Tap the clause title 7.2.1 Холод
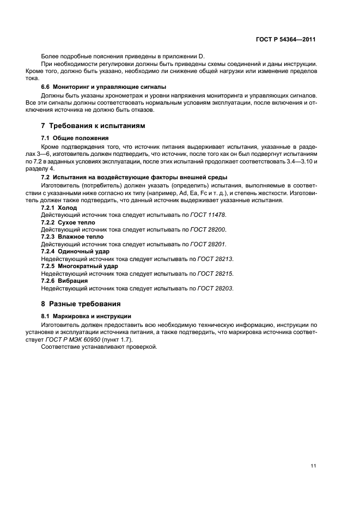click(x=59, y=208)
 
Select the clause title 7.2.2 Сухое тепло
click(x=68, y=223)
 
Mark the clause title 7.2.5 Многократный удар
click(x=80, y=266)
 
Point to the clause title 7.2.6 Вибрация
click(x=65, y=281)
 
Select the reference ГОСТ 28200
click(x=211, y=230)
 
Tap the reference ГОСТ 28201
click(x=211, y=245)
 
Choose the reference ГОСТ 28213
click(x=216, y=259)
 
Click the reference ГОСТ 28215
click(x=216, y=274)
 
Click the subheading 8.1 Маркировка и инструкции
click(x=86, y=317)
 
